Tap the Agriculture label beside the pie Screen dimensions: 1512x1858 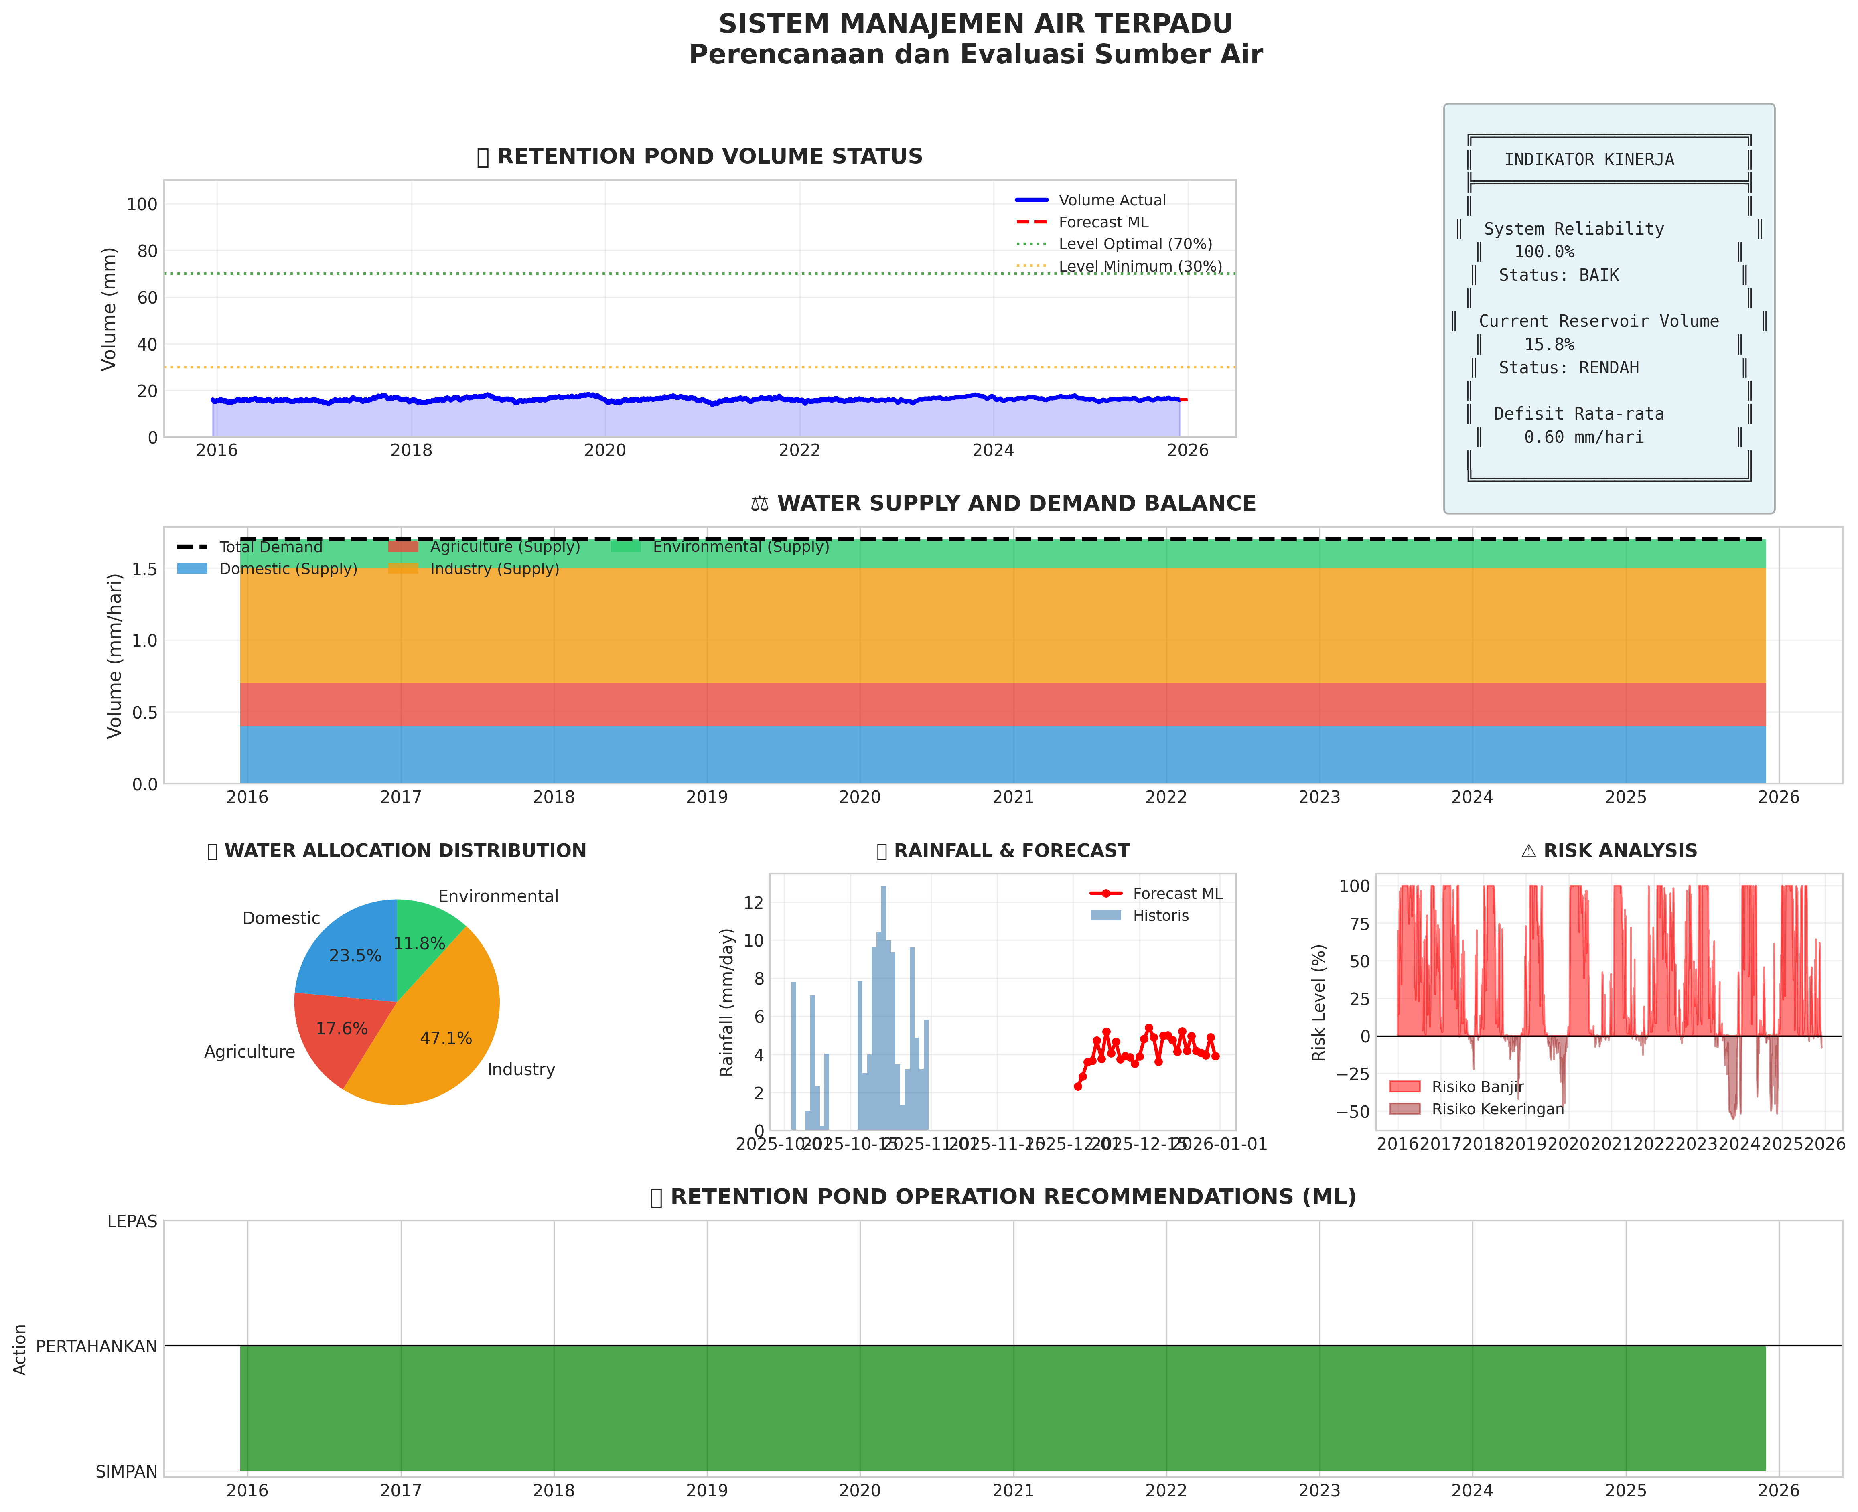249,1052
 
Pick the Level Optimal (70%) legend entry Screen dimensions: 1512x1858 1135,244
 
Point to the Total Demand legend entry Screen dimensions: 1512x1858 270,547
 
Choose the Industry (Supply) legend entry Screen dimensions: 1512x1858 494,569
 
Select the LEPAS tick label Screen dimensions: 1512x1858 132,1222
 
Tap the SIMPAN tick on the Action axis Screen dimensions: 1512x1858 127,1472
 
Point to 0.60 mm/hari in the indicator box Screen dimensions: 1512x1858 1584,437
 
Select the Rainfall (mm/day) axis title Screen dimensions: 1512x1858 727,1001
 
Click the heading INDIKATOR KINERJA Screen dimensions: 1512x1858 1589,160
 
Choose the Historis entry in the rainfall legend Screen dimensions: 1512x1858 1160,916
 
